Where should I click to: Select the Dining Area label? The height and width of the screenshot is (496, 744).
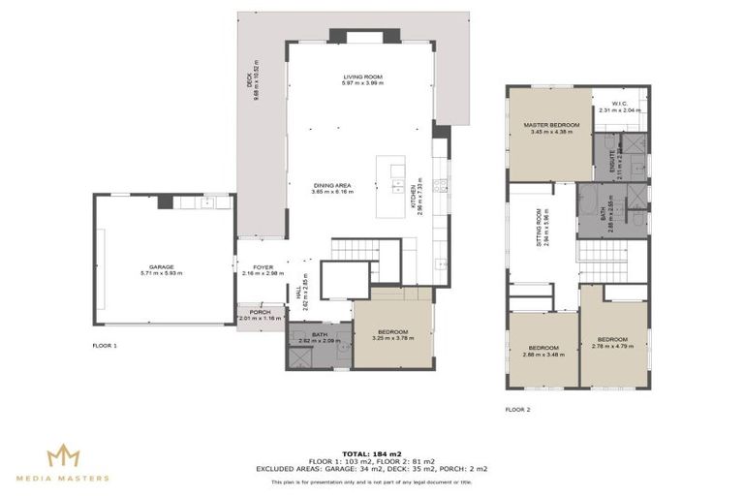click(332, 188)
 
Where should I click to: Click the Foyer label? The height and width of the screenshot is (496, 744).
click(263, 270)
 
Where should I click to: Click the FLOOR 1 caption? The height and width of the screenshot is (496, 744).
click(104, 345)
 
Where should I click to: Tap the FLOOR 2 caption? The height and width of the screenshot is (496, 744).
click(517, 410)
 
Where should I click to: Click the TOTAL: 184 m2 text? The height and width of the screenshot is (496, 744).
click(371, 451)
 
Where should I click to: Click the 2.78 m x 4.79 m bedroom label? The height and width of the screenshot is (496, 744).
click(613, 342)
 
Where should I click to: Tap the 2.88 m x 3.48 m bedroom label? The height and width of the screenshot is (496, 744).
click(543, 351)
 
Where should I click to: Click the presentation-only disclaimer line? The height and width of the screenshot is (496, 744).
click(371, 481)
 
